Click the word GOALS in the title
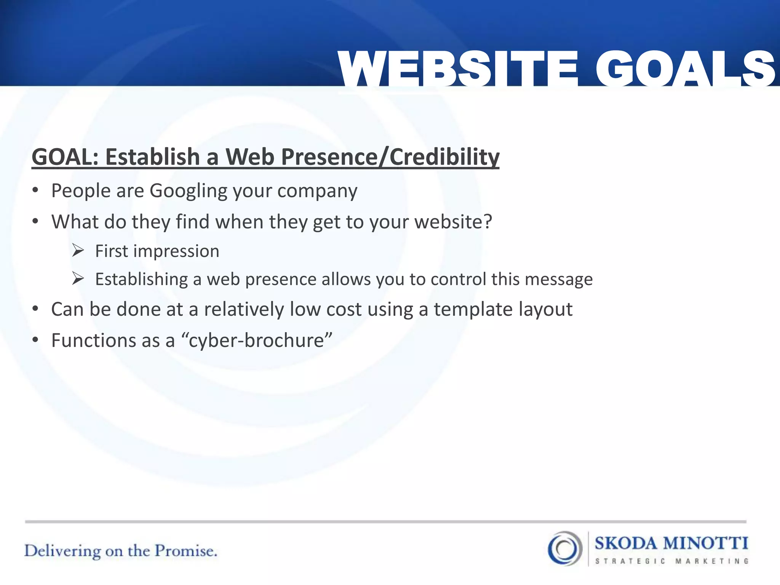click(686, 70)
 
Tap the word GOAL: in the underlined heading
click(65, 157)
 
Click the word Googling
click(188, 191)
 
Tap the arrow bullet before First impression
click(78, 251)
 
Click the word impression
click(176, 252)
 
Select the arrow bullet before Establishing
click(78, 279)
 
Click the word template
click(473, 310)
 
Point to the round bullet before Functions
click(35, 340)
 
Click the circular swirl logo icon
click(565, 548)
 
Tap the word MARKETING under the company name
click(712, 561)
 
